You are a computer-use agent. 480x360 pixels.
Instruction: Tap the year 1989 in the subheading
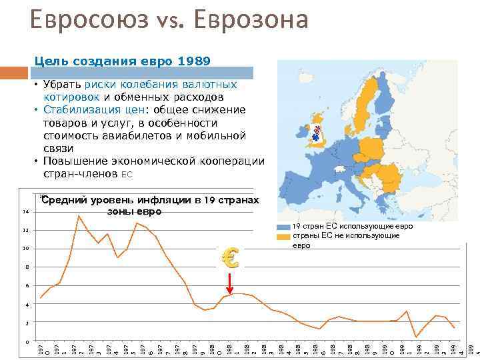coord(194,61)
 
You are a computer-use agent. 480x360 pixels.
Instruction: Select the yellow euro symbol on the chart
coord(229,257)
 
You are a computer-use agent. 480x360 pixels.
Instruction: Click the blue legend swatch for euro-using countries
coord(284,227)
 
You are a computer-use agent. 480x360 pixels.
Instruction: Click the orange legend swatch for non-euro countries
coord(284,236)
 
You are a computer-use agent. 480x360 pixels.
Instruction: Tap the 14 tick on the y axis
coord(25,212)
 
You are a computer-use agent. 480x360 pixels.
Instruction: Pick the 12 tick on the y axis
coord(25,231)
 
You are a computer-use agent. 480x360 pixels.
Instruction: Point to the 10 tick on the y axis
coord(25,249)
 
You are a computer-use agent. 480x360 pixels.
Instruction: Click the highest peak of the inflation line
coord(79,215)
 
